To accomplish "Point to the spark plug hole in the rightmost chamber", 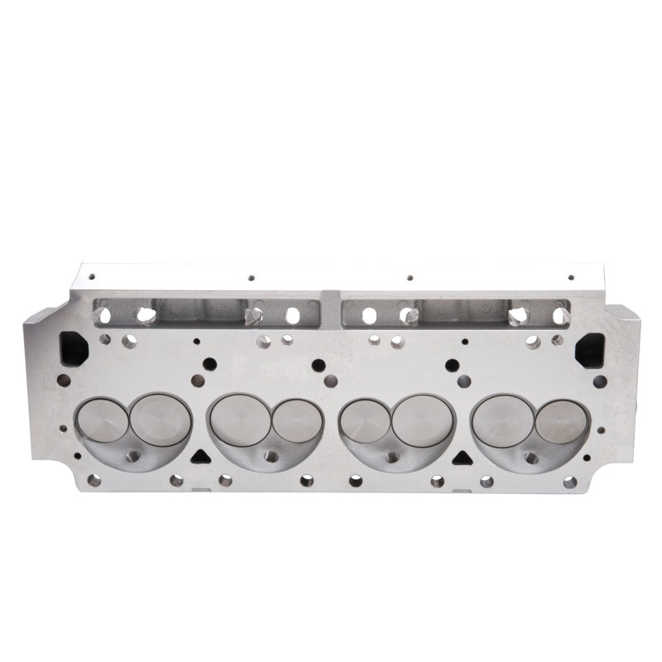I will click(x=531, y=457).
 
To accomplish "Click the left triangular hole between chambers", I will click(x=199, y=457).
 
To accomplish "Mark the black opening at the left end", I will click(x=74, y=348).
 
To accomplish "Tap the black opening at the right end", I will click(x=589, y=349).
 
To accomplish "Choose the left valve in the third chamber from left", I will click(x=366, y=420).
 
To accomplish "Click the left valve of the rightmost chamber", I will click(x=502, y=420).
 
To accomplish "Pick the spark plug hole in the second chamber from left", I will click(x=269, y=456).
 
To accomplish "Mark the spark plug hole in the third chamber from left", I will click(x=391, y=456).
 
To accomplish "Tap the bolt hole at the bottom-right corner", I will click(x=569, y=482).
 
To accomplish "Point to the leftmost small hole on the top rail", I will click(x=92, y=276).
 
